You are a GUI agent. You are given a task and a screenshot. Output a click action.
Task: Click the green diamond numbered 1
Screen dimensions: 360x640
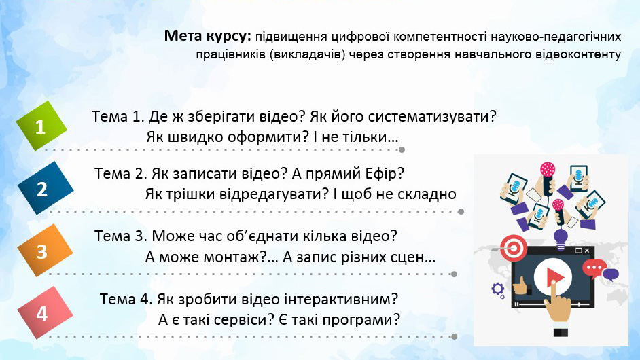[x=41, y=126]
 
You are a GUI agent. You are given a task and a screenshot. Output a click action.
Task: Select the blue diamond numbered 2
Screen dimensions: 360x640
[x=42, y=188]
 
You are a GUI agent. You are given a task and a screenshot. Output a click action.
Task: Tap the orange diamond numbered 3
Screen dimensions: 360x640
[x=42, y=251]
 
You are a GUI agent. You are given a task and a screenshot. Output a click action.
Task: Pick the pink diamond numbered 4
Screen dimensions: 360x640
[x=42, y=313]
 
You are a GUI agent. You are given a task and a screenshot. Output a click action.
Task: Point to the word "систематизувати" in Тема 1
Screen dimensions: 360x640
[x=439, y=116]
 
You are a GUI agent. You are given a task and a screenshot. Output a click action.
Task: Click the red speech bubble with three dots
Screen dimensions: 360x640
[x=595, y=268]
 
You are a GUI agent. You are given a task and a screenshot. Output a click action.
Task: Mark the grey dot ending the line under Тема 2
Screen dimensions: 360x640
[x=461, y=211]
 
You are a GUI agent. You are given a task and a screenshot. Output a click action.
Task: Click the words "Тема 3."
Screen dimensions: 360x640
[x=121, y=236]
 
